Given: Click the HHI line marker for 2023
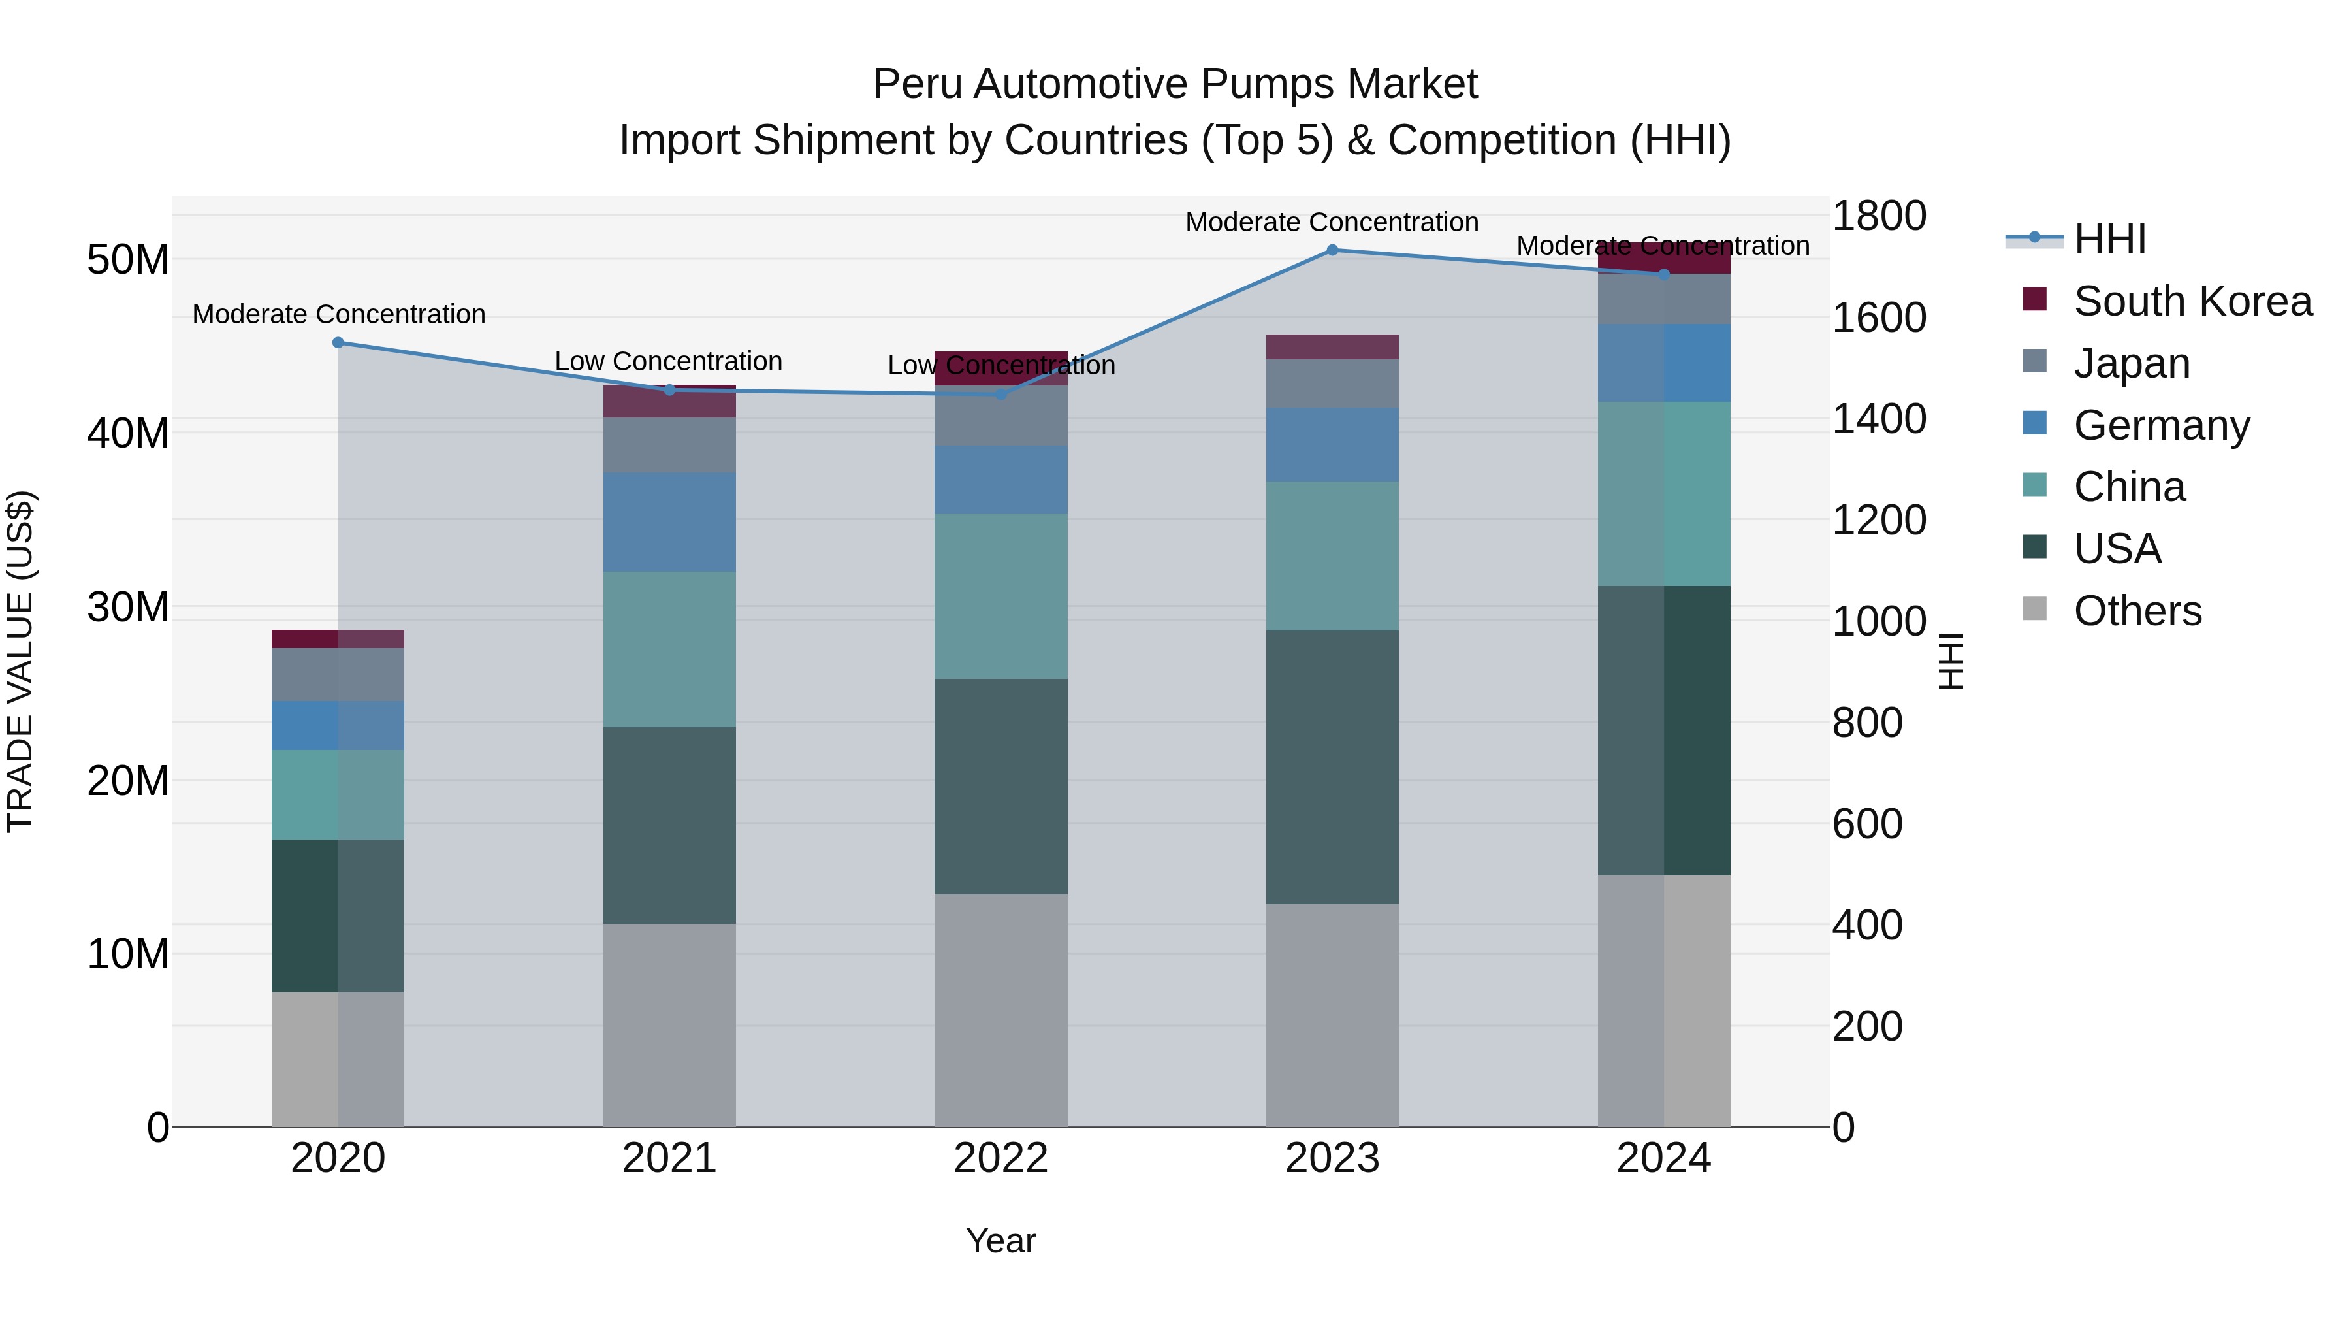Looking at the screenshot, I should coord(1332,250).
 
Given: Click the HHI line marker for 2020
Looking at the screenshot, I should coord(338,342).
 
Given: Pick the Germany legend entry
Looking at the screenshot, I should coord(2161,425).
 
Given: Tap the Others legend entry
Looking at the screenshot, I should coord(2137,610).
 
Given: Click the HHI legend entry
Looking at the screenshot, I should coord(2109,239).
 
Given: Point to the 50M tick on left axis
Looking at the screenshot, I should coord(128,260).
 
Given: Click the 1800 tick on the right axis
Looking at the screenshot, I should coord(1879,216).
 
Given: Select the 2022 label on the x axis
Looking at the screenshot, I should coord(1000,1158).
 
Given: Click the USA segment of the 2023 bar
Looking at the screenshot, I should coord(1332,767).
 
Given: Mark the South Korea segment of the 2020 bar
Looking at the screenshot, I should coord(338,638).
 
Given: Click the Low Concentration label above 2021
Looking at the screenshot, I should coord(668,361).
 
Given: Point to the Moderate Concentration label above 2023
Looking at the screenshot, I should coord(1332,222).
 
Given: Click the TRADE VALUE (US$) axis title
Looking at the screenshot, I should coord(20,661).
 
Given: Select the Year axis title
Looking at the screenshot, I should coord(1000,1241).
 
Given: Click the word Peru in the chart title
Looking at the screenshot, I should coord(918,84).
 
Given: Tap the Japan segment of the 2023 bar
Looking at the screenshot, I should coord(1332,384).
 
